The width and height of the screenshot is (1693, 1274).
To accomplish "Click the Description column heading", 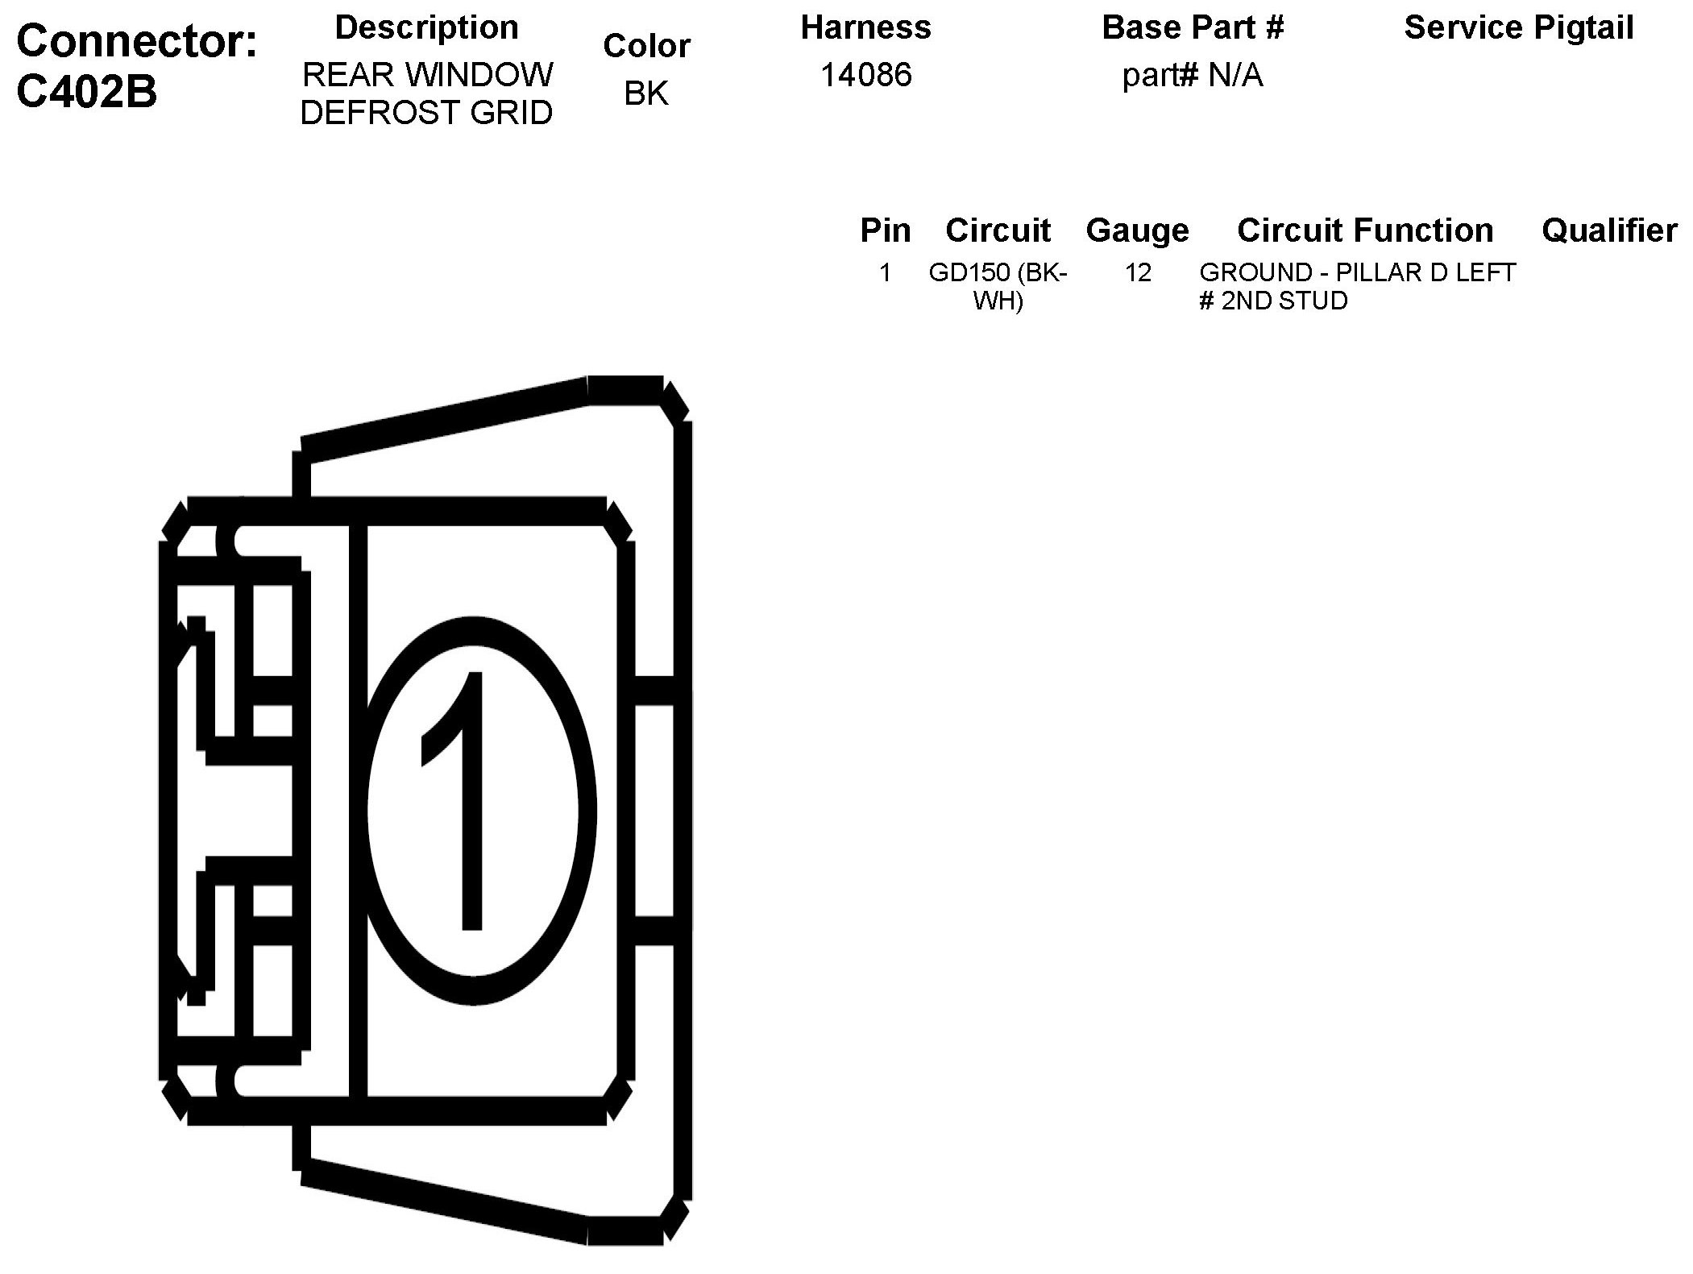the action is [x=426, y=28].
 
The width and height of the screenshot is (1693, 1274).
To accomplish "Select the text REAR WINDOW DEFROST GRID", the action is [x=426, y=93].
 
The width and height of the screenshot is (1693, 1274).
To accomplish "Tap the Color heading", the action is [x=646, y=46].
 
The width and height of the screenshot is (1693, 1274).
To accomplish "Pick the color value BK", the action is [x=646, y=93].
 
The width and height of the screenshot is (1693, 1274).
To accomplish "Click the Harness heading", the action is [x=865, y=27].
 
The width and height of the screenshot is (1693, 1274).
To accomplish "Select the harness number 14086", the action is [x=866, y=75].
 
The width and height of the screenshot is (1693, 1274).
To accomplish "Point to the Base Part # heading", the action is [x=1193, y=27].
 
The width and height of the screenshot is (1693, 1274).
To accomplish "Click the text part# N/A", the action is [x=1193, y=76].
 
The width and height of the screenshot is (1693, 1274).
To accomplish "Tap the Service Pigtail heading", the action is [x=1519, y=28].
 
